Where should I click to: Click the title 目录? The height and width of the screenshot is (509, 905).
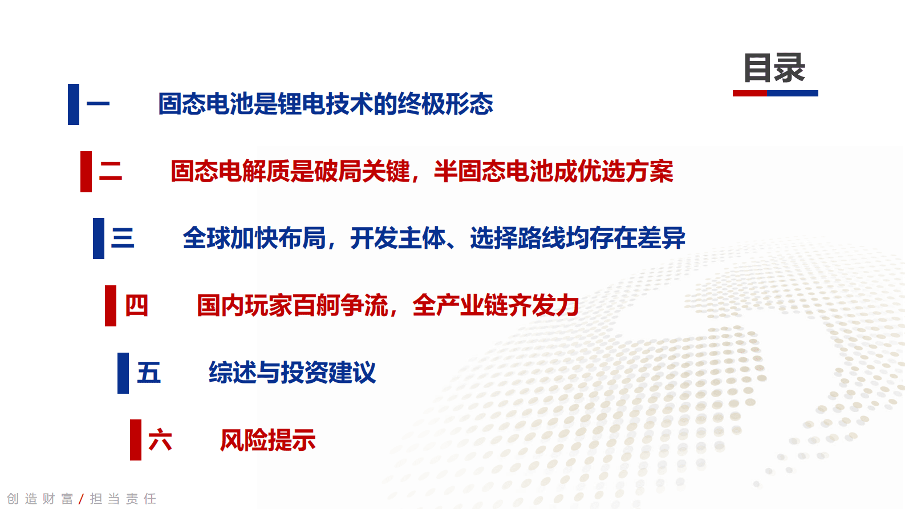pyautogui.click(x=774, y=68)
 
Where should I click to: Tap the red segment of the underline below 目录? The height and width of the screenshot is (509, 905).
pyautogui.click(x=750, y=93)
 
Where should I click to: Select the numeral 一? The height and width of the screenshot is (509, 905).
pyautogui.click(x=98, y=104)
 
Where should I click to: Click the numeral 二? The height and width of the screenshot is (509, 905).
pyautogui.click(x=111, y=171)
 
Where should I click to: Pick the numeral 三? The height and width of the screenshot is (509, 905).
pyautogui.click(x=123, y=238)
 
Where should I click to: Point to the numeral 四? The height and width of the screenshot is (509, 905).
pyautogui.click(x=136, y=306)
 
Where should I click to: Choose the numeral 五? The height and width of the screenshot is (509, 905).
pyautogui.click(x=149, y=373)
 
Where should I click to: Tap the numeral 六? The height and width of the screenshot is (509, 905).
pyautogui.click(x=160, y=440)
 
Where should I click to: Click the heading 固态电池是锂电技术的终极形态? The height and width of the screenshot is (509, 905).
pyautogui.click(x=325, y=104)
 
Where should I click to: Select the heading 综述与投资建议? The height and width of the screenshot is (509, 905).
pyautogui.click(x=292, y=373)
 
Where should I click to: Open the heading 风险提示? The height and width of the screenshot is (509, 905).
pyautogui.click(x=267, y=440)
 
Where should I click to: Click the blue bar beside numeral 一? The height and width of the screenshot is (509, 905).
pyautogui.click(x=74, y=104)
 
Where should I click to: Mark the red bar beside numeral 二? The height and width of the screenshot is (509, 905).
pyautogui.click(x=86, y=171)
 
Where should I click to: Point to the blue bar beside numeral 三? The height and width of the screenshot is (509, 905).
pyautogui.click(x=99, y=238)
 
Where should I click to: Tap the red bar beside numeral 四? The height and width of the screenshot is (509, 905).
pyautogui.click(x=111, y=306)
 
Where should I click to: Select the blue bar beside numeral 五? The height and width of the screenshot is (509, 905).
pyautogui.click(x=123, y=373)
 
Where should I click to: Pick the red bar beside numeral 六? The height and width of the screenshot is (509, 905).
pyautogui.click(x=136, y=440)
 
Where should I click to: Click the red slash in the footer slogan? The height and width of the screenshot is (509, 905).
pyautogui.click(x=82, y=499)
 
